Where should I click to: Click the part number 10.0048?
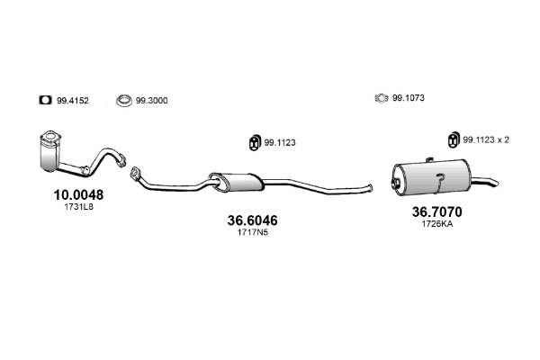coord(78,195)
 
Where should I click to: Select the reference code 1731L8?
coord(79,207)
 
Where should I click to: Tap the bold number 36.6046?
coord(252,220)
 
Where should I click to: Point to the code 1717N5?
coord(252,232)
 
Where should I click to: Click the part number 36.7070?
coord(437,211)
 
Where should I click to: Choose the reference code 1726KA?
coord(437,224)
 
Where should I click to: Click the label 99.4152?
coord(73,101)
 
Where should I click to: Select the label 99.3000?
coord(152,101)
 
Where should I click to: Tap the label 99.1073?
coord(409,98)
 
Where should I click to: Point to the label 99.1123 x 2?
coord(486,139)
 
